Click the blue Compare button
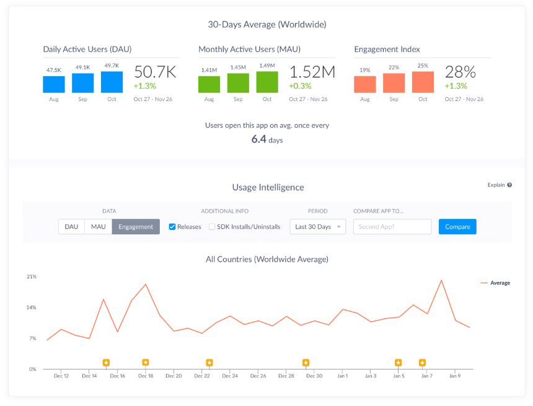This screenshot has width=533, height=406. (457, 227)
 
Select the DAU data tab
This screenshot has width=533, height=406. (71, 227)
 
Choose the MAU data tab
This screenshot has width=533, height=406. (98, 227)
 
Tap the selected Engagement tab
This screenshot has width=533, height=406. (136, 227)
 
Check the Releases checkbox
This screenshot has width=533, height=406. (172, 227)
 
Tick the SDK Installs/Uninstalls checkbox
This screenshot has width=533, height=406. (212, 227)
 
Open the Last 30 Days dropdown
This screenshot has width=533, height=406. (318, 227)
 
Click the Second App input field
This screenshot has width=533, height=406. (392, 227)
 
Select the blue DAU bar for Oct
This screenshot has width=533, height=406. (112, 82)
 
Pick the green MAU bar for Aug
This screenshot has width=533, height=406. (209, 84)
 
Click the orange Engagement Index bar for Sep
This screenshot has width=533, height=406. (394, 83)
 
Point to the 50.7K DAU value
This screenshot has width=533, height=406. (155, 72)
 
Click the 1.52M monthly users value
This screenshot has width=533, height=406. (312, 72)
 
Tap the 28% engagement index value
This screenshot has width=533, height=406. (460, 72)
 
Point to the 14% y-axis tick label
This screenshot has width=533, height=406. (31, 307)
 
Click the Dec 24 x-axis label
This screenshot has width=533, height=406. (229, 376)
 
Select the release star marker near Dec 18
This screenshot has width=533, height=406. (145, 363)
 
